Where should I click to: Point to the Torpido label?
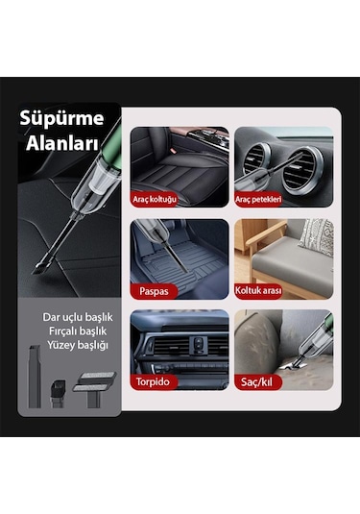click(154, 381)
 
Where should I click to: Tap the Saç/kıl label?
click(254, 381)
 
